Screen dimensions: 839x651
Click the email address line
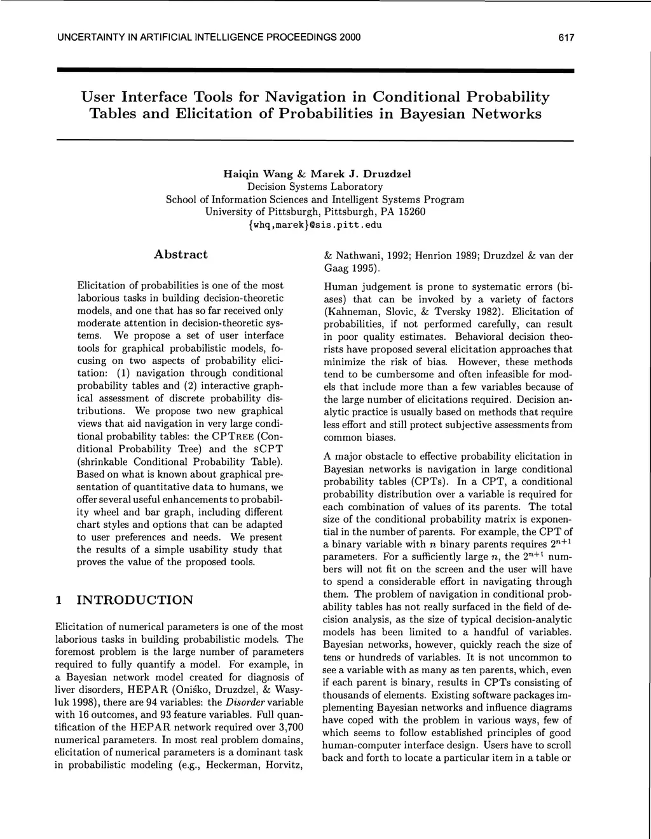315,224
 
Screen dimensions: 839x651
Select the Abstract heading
181,255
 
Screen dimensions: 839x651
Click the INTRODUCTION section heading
134,600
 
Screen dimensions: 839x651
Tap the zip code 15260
411,211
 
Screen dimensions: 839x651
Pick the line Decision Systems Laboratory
315,187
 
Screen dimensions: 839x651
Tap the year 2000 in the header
349,37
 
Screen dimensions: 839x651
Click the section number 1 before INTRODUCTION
58,600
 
